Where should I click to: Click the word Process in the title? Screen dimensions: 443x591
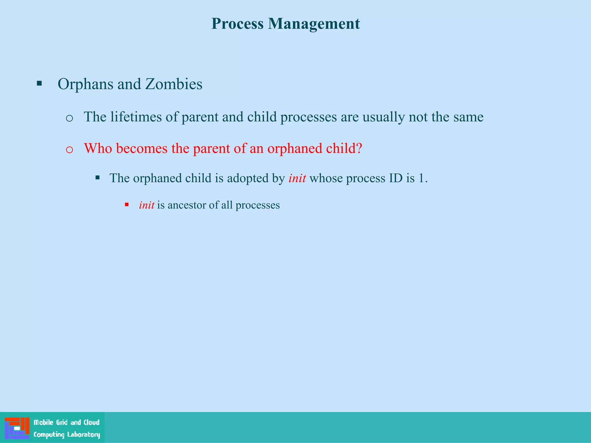237,24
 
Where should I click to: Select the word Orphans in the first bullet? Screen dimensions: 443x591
85,84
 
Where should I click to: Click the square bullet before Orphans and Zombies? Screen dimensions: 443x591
39,84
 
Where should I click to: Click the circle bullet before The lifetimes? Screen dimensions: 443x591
69,118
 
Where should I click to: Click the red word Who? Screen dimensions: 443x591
98,149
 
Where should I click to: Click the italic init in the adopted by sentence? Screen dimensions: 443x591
297,178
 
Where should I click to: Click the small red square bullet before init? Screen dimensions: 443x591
127,205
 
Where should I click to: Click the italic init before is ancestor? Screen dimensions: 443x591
146,205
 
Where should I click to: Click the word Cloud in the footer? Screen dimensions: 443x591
91,423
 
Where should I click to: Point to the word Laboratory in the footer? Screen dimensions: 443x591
84,435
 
